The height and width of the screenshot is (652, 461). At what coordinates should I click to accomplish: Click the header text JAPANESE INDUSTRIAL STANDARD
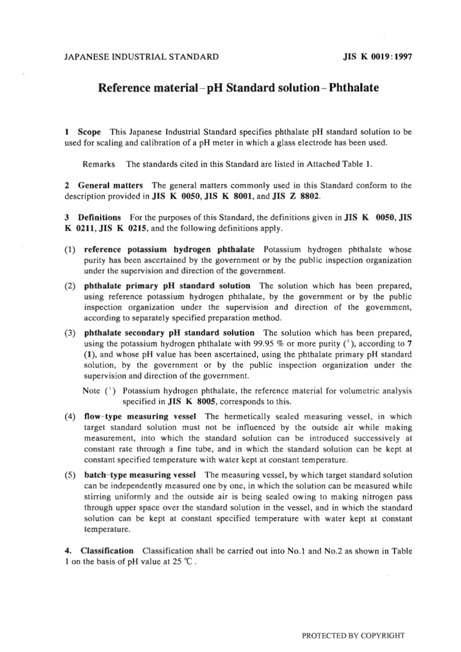(141, 57)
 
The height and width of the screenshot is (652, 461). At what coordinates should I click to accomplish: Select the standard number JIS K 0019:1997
(378, 57)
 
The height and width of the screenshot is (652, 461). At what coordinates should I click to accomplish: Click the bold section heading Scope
(89, 132)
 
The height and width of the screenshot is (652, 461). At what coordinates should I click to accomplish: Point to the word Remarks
(99, 164)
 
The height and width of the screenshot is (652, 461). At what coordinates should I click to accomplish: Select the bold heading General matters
(110, 185)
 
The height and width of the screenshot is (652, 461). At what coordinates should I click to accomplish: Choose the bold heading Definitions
(99, 217)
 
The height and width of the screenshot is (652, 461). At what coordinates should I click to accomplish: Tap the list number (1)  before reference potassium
(70, 250)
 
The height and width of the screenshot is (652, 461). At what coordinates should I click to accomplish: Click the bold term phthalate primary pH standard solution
(167, 286)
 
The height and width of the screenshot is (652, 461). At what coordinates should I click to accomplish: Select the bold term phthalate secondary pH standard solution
(169, 333)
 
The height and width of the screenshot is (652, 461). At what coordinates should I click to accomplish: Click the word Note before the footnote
(91, 391)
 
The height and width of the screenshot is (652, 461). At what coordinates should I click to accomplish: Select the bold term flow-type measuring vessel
(140, 417)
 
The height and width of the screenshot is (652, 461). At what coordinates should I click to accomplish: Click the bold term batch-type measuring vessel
(140, 475)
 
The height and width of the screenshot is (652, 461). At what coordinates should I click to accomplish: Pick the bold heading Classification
(107, 551)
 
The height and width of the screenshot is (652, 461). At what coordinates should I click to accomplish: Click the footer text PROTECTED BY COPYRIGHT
(353, 635)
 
